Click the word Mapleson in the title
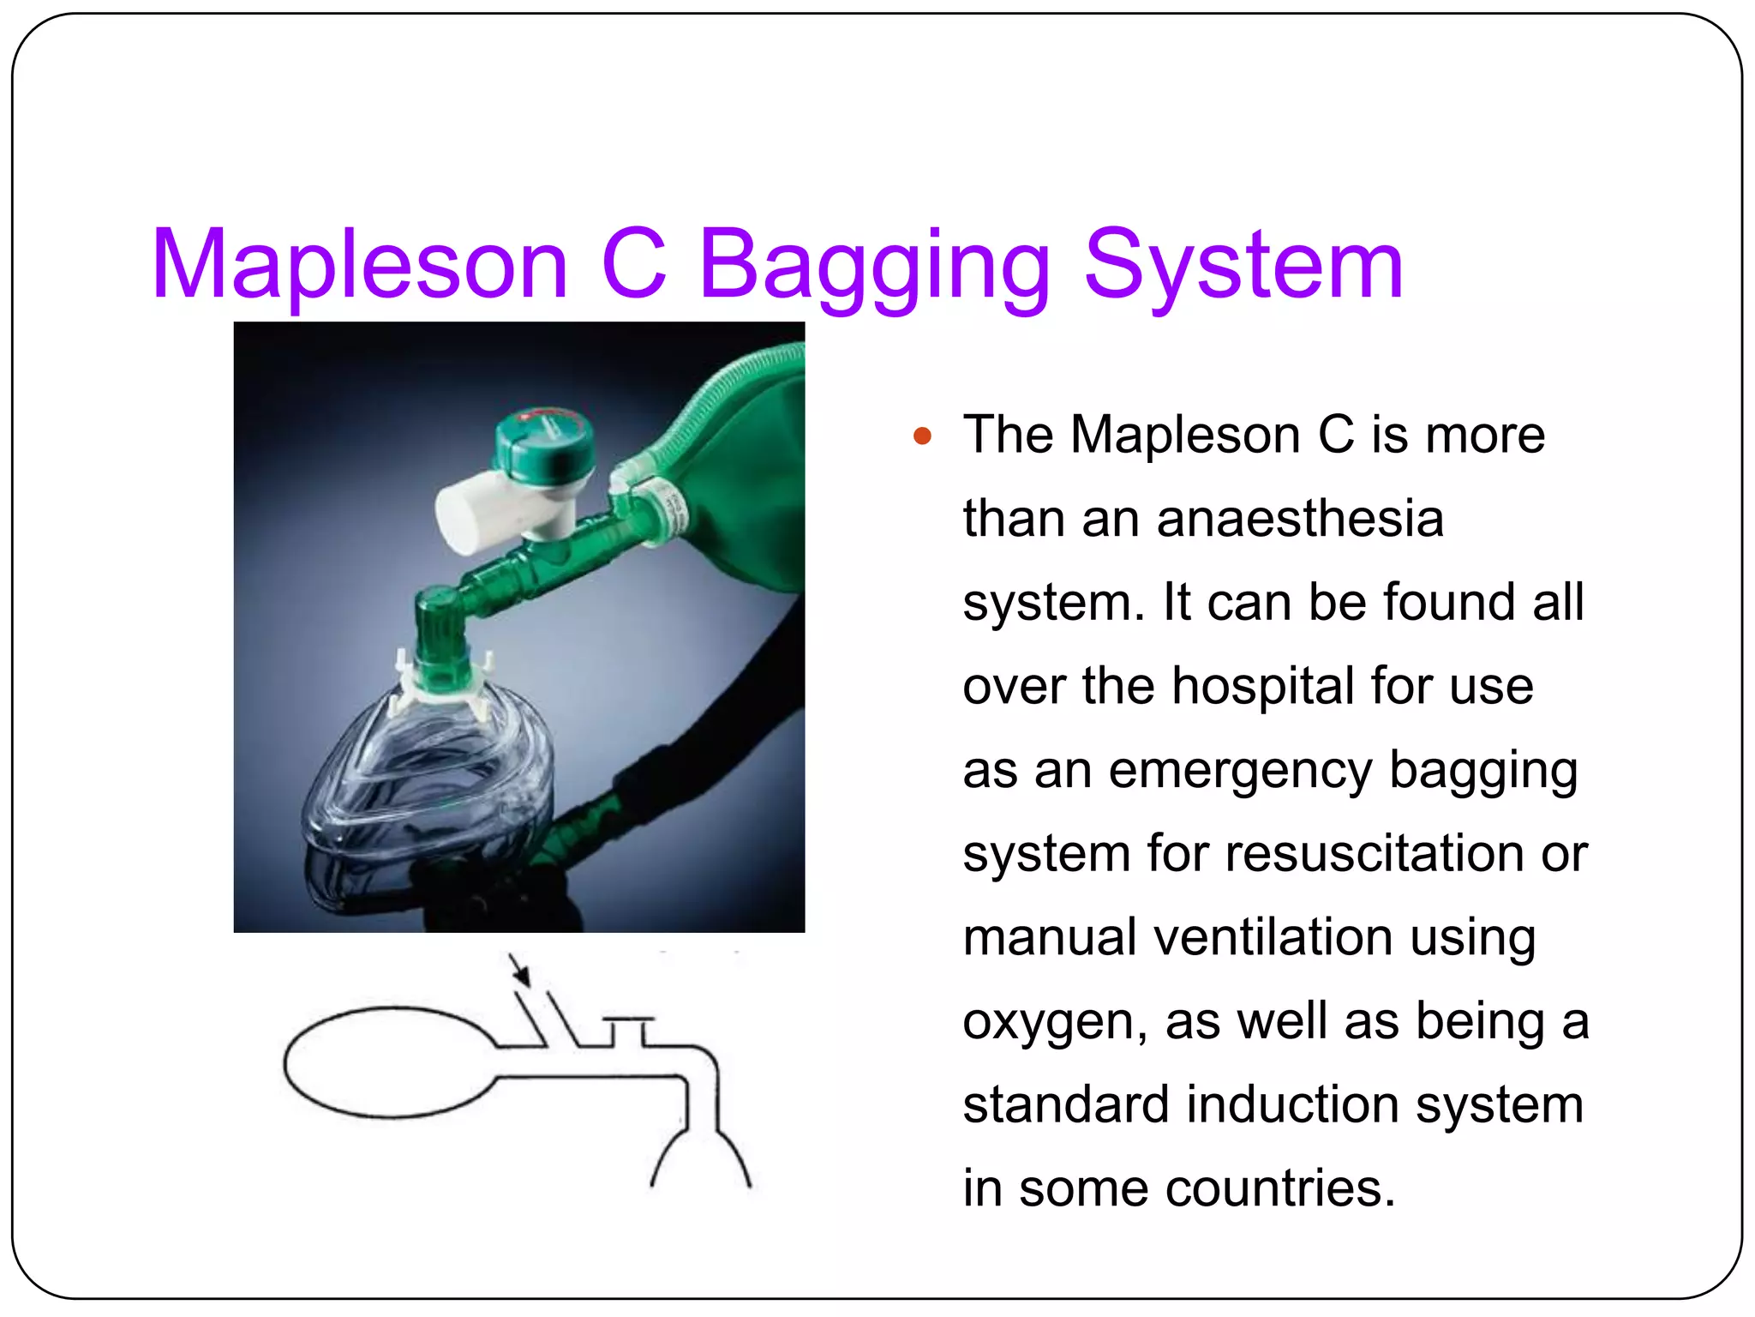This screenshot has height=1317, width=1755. (360, 266)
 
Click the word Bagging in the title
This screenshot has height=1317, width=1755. (874, 266)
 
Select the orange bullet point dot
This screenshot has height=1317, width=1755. (922, 436)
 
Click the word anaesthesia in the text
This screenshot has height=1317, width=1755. (1300, 519)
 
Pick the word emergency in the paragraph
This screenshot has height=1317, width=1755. (1240, 770)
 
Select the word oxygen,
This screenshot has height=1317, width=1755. (1054, 1022)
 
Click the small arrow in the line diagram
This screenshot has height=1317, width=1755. (520, 971)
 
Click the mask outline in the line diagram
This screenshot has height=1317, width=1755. (700, 1158)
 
